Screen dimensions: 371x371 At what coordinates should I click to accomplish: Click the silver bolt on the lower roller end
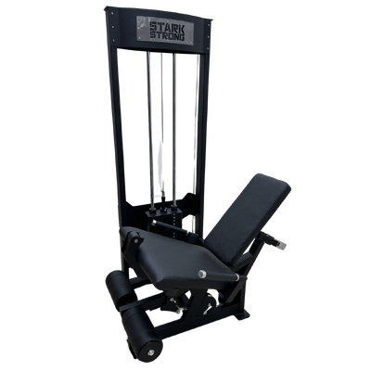(149, 352)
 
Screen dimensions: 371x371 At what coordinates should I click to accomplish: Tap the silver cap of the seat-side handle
(202, 274)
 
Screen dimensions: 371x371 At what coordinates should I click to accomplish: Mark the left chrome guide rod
(150, 131)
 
